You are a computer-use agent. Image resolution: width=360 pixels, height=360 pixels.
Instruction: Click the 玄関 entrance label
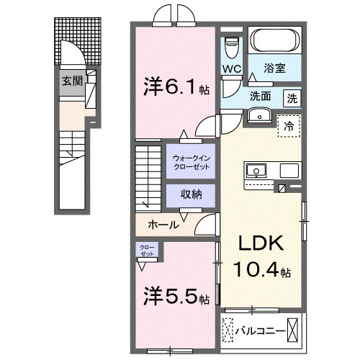coord(71,81)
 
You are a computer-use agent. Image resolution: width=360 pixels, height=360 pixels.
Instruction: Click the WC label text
coord(231,69)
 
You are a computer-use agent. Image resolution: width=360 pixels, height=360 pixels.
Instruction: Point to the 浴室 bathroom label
coord(274,70)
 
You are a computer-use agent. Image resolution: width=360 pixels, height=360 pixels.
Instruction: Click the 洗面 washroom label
coord(260,96)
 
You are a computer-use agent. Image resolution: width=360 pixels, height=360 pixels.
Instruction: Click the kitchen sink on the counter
coord(256,171)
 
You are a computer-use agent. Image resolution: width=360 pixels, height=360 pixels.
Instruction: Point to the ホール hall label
coord(163,225)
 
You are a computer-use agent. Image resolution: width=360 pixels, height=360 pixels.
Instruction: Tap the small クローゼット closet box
coord(148,251)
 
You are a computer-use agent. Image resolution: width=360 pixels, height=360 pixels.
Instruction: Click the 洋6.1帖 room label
coord(175,88)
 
